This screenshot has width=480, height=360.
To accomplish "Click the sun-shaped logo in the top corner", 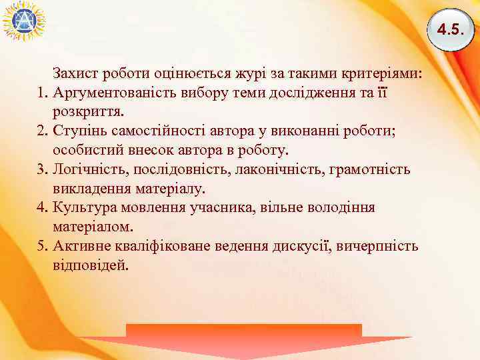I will (x=24, y=21).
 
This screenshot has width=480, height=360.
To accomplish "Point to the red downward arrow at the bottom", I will (x=244, y=340).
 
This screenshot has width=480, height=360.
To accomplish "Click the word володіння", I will (x=341, y=207).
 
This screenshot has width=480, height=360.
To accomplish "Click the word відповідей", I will (x=88, y=265).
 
